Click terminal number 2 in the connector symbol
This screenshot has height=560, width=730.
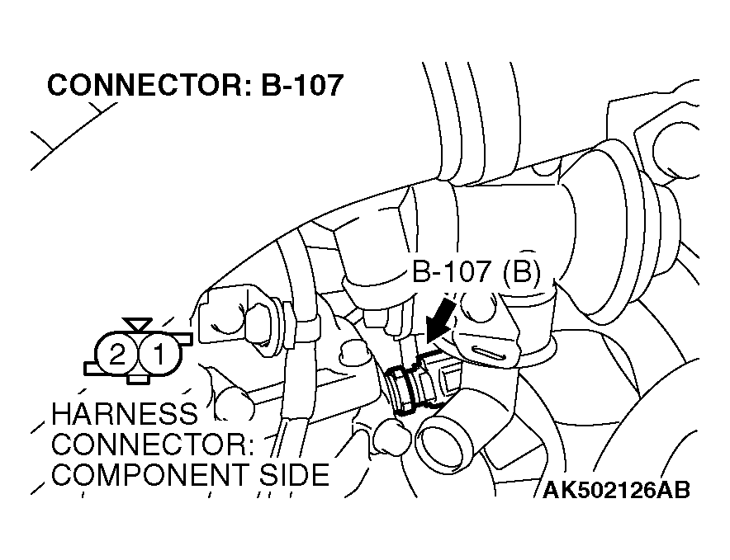point(117,355)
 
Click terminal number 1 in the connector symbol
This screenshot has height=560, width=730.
point(159,355)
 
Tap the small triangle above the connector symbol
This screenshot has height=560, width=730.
point(138,324)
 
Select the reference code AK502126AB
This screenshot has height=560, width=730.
point(616,490)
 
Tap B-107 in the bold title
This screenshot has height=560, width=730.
point(302,85)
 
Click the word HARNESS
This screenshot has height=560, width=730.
point(124,413)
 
